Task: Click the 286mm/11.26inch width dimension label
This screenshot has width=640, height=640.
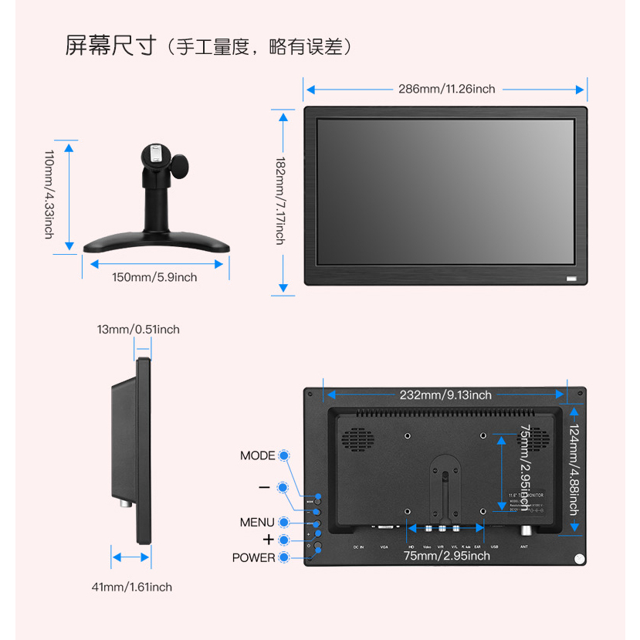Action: (446, 89)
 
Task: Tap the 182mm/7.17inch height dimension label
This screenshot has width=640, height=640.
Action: (281, 201)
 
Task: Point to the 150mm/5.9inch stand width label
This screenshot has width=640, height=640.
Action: (154, 277)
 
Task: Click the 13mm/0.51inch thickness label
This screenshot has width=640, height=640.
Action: (138, 330)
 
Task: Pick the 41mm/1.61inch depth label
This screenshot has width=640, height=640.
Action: (132, 587)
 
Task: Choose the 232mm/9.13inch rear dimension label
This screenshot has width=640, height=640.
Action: (445, 394)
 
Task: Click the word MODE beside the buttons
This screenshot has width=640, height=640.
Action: (257, 455)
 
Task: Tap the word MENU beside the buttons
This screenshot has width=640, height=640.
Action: (257, 523)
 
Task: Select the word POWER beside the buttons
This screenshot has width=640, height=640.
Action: (253, 557)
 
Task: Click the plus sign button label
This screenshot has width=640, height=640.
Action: (268, 539)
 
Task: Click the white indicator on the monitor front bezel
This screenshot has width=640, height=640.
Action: (571, 278)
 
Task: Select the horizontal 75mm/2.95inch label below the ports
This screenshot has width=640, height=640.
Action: (446, 555)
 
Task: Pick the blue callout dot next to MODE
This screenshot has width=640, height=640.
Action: (285, 455)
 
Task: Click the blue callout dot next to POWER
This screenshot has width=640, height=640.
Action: (285, 557)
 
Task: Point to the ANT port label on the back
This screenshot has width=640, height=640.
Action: (524, 547)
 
